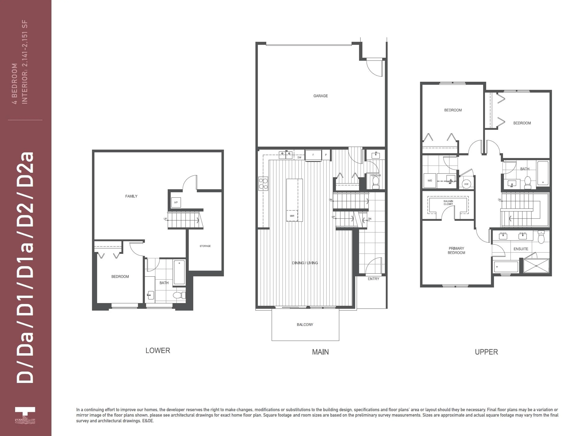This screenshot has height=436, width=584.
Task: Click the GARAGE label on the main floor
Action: coord(320,96)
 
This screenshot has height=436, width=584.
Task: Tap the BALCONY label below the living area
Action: coord(305,325)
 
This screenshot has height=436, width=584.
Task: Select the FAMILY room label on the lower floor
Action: coord(131,196)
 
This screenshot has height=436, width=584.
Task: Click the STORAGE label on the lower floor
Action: coord(205,246)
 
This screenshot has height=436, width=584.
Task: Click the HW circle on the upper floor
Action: coord(466,184)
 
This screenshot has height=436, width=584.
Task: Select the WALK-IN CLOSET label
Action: coord(448,203)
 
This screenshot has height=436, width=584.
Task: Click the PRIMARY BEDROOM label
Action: coord(456,251)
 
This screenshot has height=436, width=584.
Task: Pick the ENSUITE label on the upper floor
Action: coord(521,249)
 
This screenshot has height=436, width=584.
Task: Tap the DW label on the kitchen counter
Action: coord(299,157)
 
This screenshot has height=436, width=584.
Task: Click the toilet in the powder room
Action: coord(376,182)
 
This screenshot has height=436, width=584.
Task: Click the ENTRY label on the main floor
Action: coord(373,279)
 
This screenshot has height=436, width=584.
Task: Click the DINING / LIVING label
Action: coord(305,263)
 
